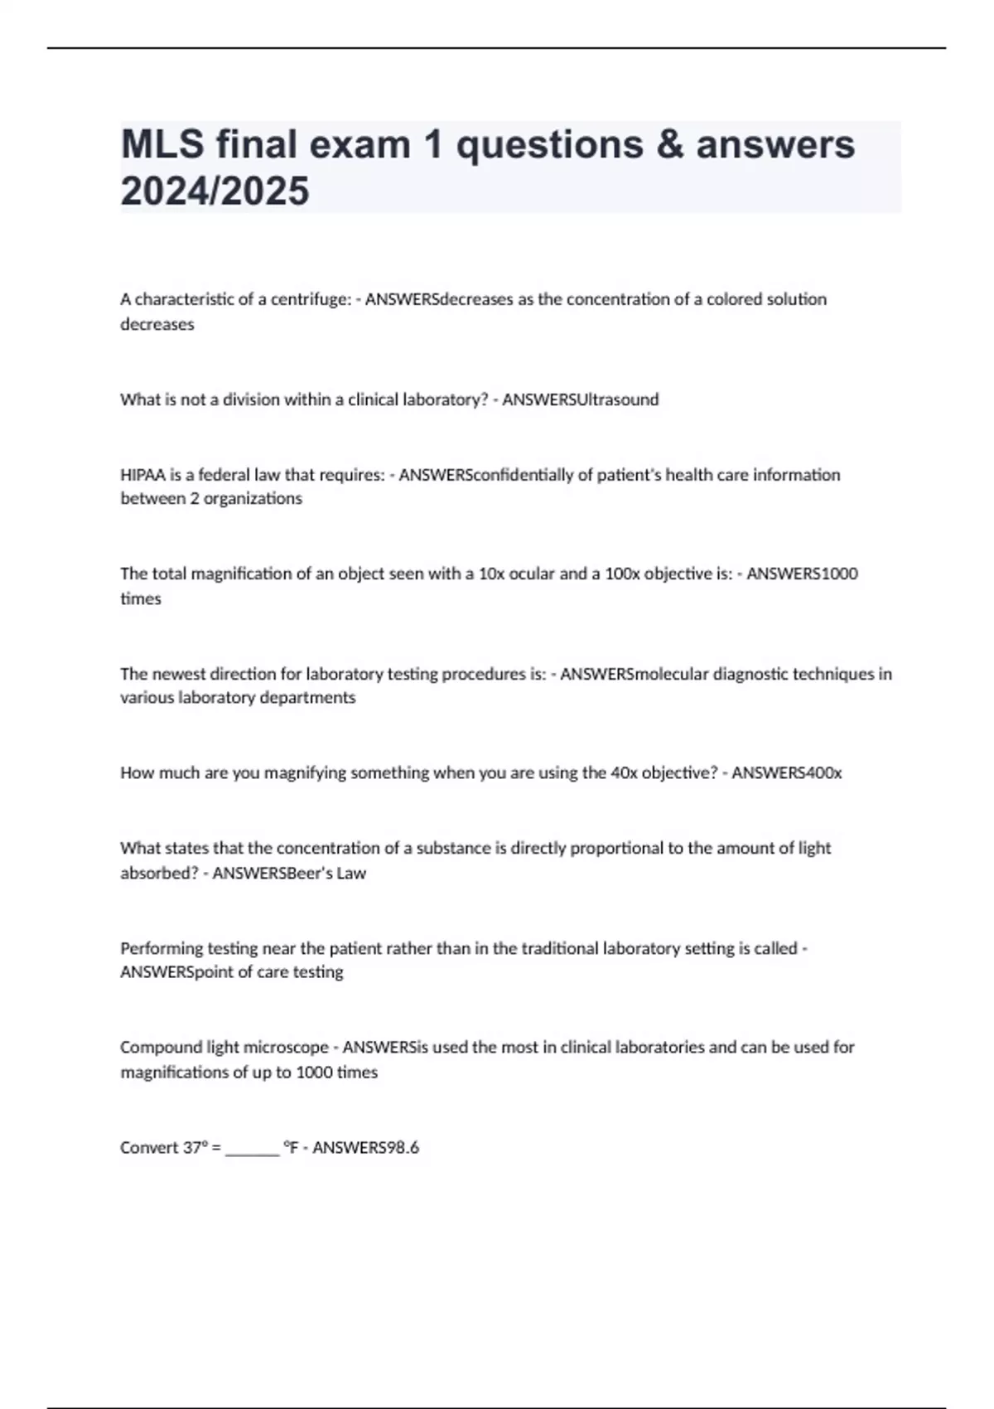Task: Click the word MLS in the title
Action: point(162,145)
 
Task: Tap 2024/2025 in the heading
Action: point(215,191)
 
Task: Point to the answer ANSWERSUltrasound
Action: point(581,399)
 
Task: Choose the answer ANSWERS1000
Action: point(802,574)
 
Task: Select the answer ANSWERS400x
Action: point(786,773)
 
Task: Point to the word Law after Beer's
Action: point(350,873)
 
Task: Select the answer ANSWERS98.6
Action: point(365,1148)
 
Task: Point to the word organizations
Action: point(253,499)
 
